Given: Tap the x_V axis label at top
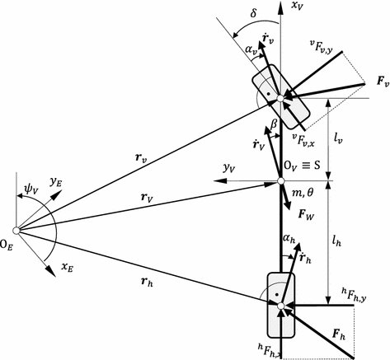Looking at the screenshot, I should click(x=299, y=7).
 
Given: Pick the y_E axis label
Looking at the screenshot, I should click(x=55, y=180).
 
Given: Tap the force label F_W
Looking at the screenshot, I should click(x=303, y=217).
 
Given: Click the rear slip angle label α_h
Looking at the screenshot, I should click(x=288, y=240).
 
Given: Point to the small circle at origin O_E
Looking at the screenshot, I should click(x=15, y=228).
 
